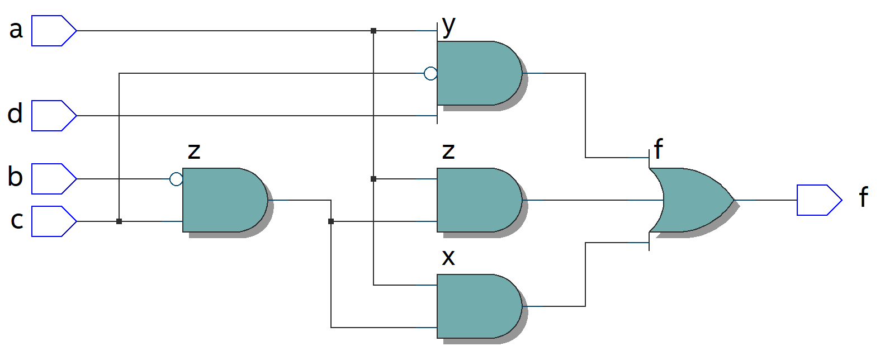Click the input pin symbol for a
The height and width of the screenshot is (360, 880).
[x=53, y=31]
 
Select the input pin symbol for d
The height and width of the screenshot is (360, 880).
[x=53, y=116]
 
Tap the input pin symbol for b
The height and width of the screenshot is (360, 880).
[x=53, y=179]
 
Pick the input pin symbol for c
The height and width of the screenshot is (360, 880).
[x=53, y=221]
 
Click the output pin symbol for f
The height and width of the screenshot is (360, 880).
[x=819, y=200]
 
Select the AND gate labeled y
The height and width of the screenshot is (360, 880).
[x=478, y=73]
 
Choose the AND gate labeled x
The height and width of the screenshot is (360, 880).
[x=478, y=306]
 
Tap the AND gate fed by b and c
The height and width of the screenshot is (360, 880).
[x=224, y=200]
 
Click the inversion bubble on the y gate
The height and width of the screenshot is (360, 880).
[x=430, y=73]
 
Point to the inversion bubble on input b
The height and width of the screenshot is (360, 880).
[x=176, y=179]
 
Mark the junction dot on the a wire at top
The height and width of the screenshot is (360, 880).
[x=373, y=31]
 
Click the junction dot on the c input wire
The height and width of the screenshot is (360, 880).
[x=119, y=221]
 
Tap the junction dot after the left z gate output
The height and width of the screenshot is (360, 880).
[x=331, y=221]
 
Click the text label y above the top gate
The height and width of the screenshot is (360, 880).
[x=448, y=26]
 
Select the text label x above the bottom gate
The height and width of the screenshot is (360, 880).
[x=448, y=257]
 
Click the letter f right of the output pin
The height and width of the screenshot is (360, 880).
[x=863, y=197]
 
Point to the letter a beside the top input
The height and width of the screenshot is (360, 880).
[x=16, y=29]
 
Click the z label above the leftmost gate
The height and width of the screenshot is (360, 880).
[x=194, y=151]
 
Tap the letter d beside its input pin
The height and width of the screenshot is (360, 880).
[x=15, y=113]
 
